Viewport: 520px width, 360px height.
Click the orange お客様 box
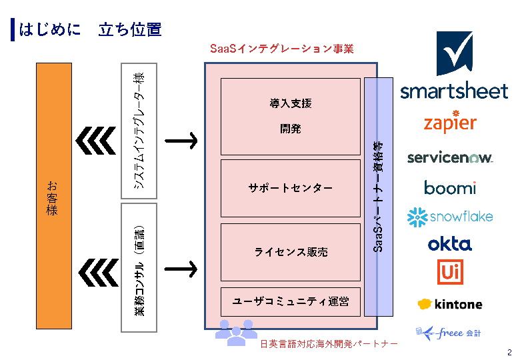pos(53,196)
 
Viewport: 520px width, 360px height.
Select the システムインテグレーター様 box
pos(139,131)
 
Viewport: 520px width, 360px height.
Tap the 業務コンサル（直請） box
pos(139,267)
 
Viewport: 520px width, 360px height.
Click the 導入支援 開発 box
pos(290,117)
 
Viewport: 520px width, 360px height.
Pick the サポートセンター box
pos(290,189)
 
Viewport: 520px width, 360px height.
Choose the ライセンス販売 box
pos(290,252)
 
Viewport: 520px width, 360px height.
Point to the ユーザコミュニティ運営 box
pos(290,301)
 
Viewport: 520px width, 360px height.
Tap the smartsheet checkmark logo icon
pos(455,53)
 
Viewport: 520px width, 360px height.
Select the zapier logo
pos(450,123)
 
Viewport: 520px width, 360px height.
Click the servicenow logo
pos(450,158)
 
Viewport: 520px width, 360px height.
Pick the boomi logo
pos(450,187)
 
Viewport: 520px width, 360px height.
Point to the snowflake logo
pos(450,217)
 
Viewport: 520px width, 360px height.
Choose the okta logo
pos(450,244)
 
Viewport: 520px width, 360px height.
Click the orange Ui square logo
pos(450,272)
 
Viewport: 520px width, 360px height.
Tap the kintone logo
pos(450,304)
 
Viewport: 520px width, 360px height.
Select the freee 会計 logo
pos(448,332)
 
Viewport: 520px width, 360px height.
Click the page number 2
pos(509,353)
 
